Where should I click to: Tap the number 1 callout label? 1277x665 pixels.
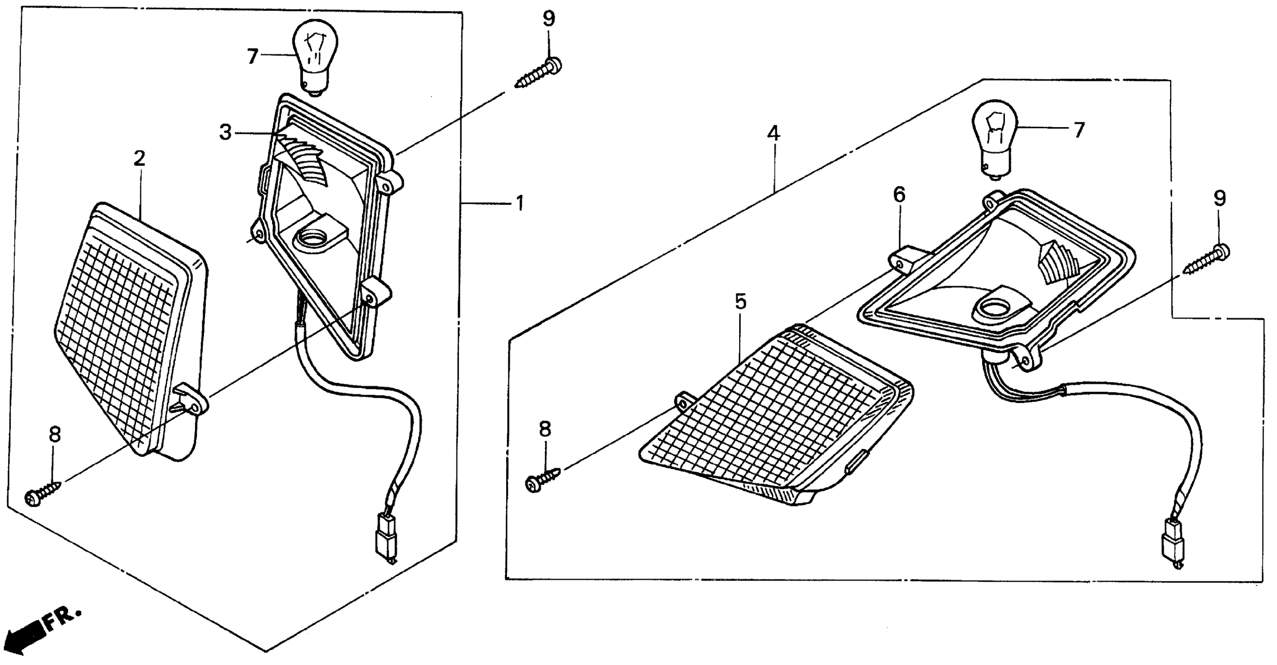click(519, 203)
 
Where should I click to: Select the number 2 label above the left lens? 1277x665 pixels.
click(139, 158)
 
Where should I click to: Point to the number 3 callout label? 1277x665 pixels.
click(225, 132)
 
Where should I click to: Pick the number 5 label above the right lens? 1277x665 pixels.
click(740, 301)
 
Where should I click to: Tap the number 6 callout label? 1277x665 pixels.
click(899, 195)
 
